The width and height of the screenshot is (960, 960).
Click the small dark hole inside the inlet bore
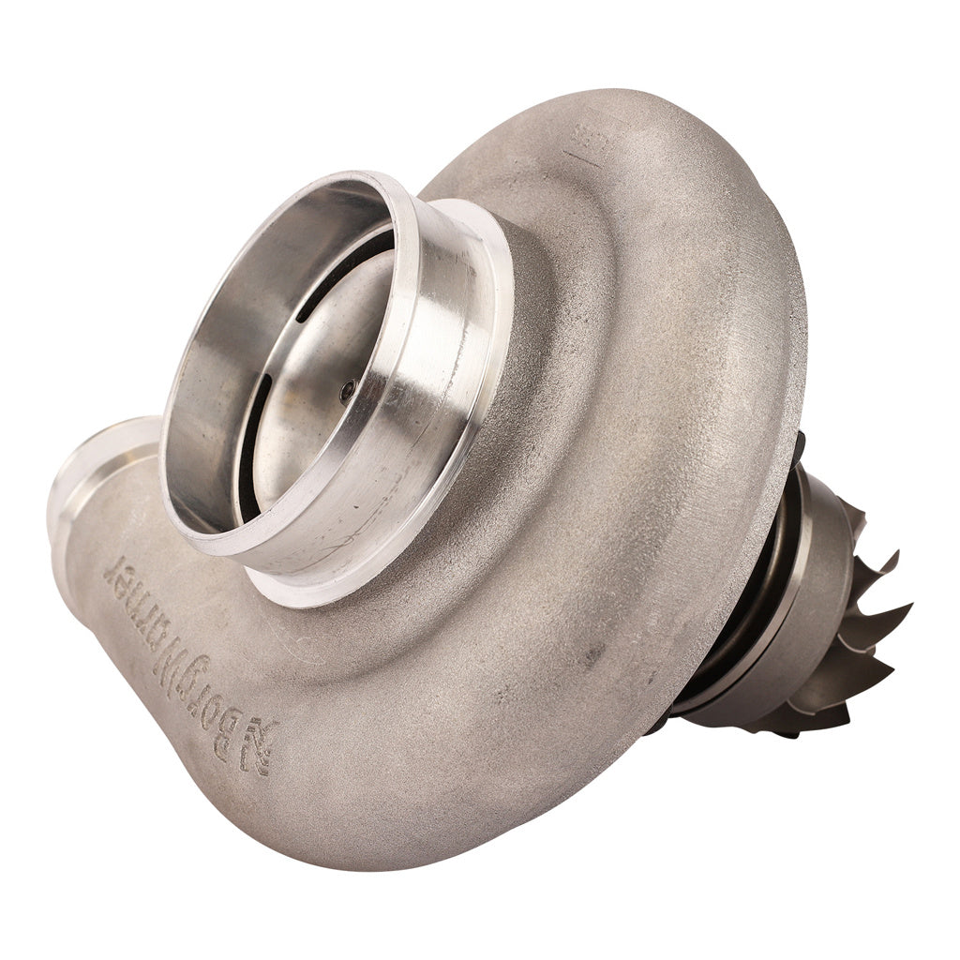coord(347,391)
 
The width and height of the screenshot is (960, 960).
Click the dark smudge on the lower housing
coord(591,656)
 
